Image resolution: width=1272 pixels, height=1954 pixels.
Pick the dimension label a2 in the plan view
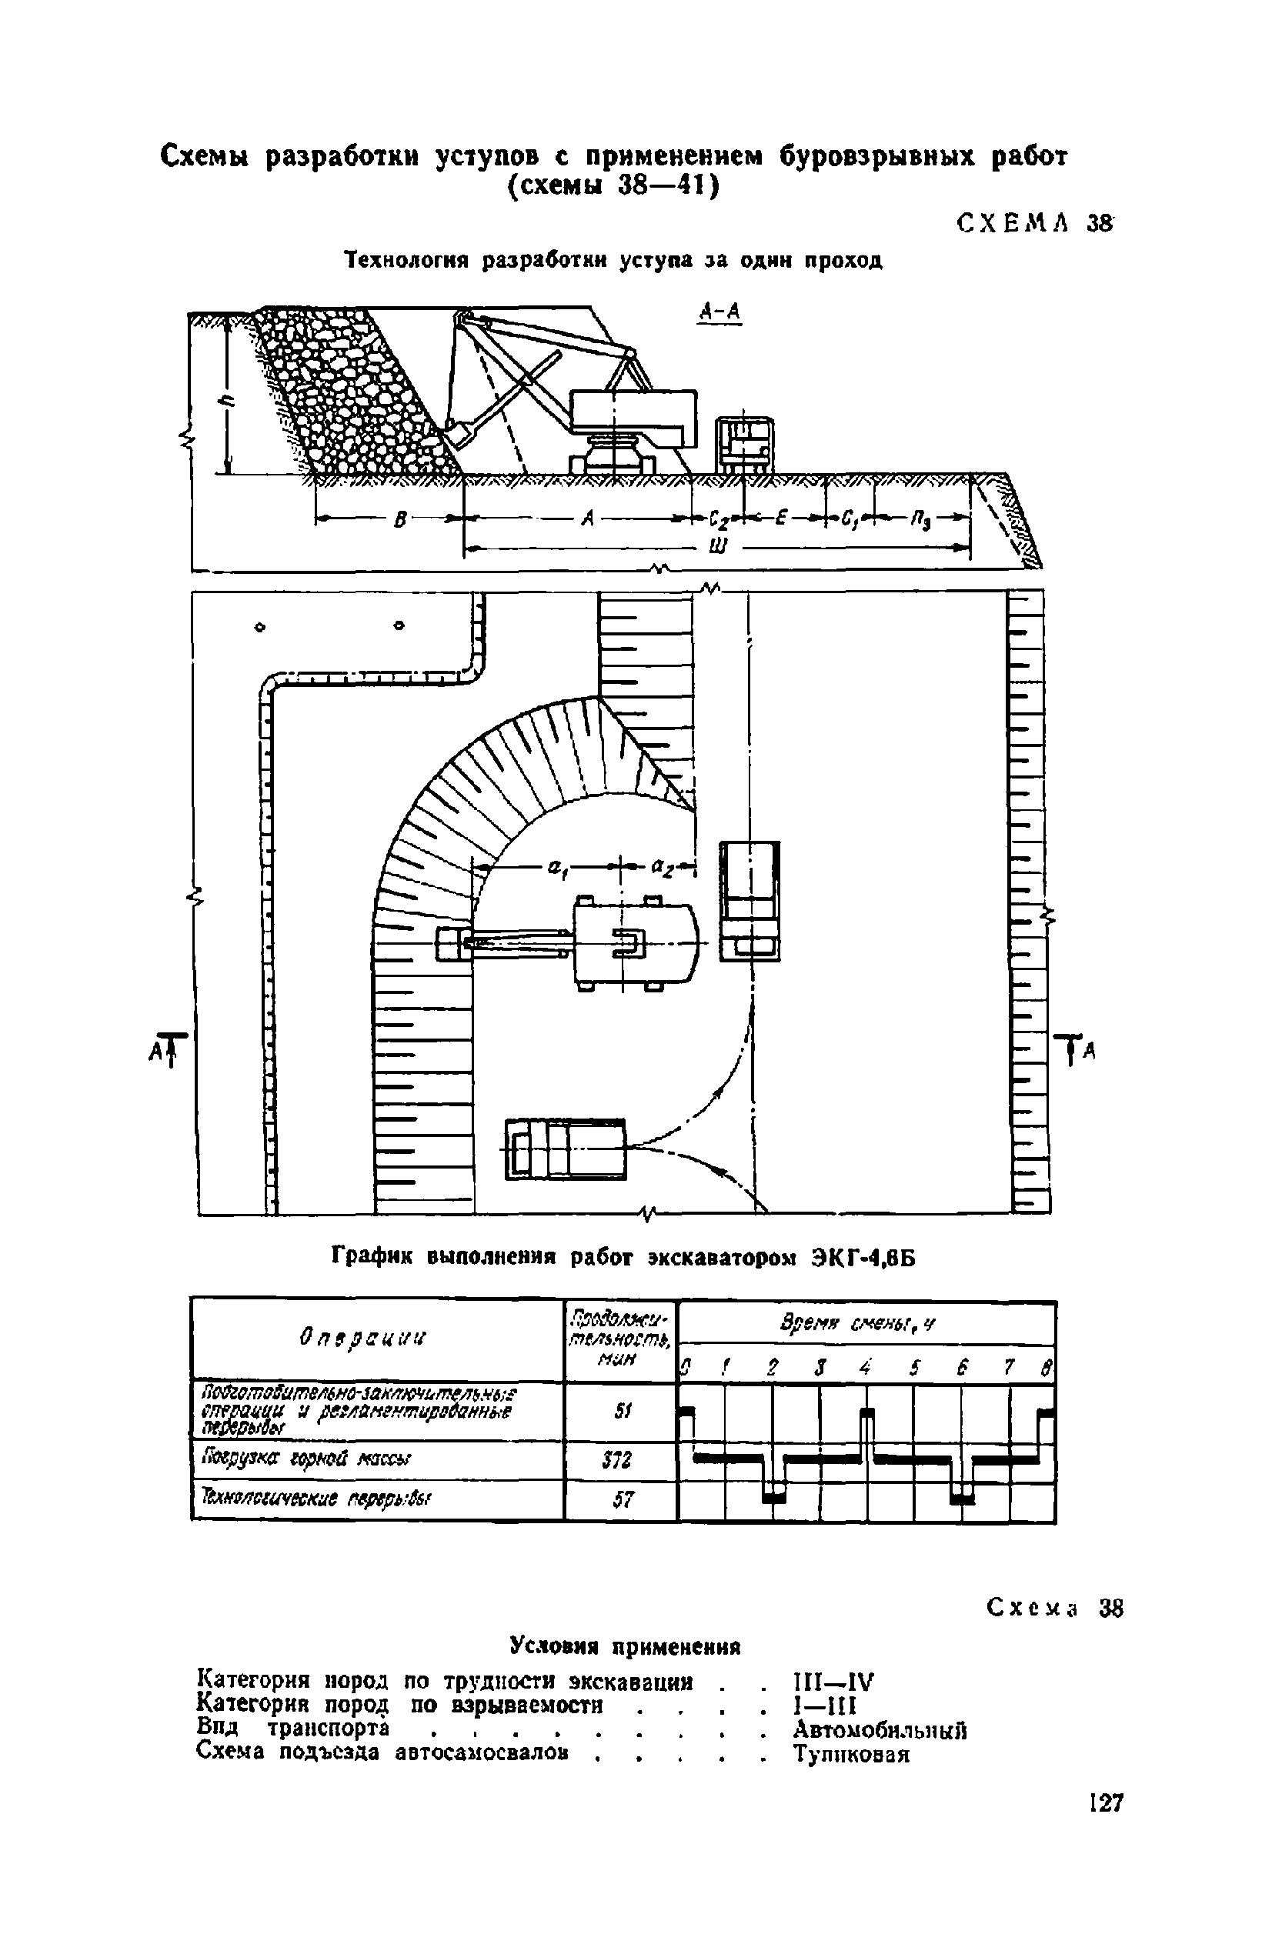pyautogui.click(x=662, y=867)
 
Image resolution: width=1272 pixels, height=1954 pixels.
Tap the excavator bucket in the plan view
pyautogui.click(x=451, y=943)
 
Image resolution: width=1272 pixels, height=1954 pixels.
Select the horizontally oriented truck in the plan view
pyautogui.click(x=565, y=1149)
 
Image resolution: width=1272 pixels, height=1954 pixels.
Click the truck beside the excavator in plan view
pyautogui.click(x=749, y=901)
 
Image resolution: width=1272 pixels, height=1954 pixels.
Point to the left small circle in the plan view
pyautogui.click(x=260, y=627)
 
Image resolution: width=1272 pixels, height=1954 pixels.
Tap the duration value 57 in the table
pyautogui.click(x=622, y=1499)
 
